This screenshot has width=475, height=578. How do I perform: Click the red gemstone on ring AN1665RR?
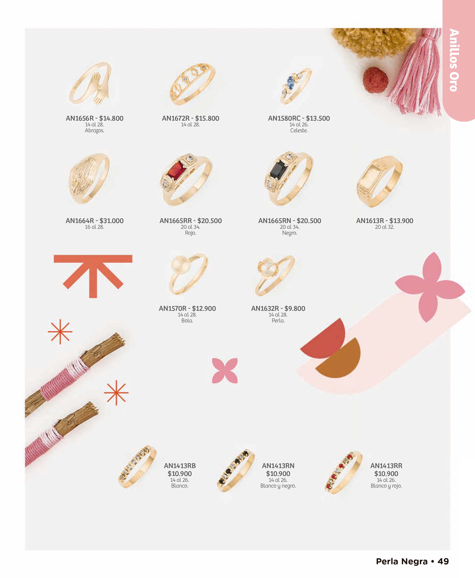point(177,170)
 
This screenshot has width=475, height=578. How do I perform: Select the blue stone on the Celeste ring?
point(290,81)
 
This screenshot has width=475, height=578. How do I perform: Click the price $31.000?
point(112,221)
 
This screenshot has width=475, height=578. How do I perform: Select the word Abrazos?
point(94,131)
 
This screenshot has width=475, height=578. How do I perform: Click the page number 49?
point(443,561)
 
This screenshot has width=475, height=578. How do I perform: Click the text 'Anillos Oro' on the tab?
point(454,60)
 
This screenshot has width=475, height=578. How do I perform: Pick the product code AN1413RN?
point(278,466)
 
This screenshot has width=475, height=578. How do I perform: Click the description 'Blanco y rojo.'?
point(386,486)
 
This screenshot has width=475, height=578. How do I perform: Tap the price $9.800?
point(295,308)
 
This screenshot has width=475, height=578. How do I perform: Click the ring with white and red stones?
point(344,472)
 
